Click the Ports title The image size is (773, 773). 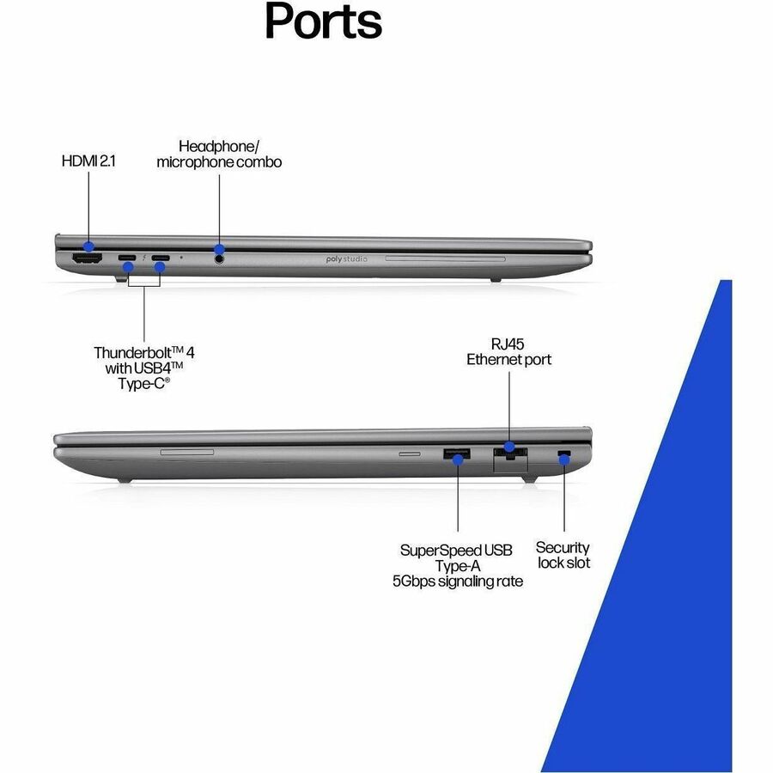[324, 21]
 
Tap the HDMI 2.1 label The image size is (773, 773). [88, 161]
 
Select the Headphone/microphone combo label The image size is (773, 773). [219, 154]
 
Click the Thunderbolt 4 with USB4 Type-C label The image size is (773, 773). [144, 368]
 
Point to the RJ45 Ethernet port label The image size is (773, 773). [508, 351]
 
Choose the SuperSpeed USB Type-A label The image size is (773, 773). [458, 565]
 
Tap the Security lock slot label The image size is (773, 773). [563, 555]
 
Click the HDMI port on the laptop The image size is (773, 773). [88, 258]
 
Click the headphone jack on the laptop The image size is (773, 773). [219, 258]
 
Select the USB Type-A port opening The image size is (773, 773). [457, 453]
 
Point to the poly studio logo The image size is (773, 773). [347, 259]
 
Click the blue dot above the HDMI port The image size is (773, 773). [88, 246]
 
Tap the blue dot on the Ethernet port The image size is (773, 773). [509, 447]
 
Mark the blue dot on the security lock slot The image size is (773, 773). [564, 460]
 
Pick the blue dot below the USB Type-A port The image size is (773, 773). [458, 460]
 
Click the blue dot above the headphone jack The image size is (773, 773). [219, 249]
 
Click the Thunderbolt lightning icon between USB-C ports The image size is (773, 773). [143, 258]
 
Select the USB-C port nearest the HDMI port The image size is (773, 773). [127, 258]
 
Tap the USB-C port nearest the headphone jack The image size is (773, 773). [161, 258]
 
